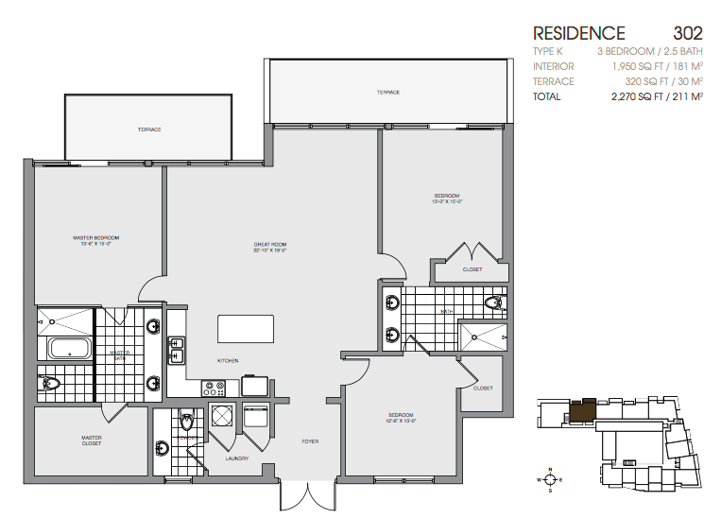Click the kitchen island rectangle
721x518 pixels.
click(246, 329)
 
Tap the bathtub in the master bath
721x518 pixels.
click(66, 349)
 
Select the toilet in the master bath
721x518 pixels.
click(48, 383)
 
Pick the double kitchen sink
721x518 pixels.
click(177, 350)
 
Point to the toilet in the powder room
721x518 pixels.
click(186, 423)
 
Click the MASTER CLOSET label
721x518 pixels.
click(92, 440)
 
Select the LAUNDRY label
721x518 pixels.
click(236, 458)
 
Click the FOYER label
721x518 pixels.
click(309, 441)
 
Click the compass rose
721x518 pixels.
click(548, 479)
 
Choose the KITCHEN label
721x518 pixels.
click(228, 360)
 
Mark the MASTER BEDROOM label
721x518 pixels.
click(95, 237)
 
